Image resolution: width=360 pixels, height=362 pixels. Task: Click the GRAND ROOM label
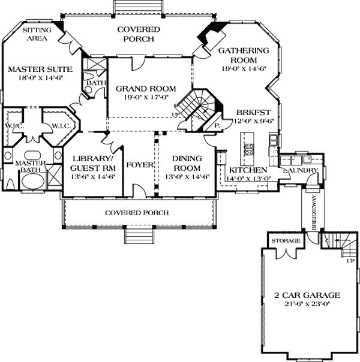[146, 89]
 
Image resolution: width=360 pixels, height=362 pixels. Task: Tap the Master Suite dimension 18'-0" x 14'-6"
[41, 77]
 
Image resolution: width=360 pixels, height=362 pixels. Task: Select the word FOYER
[140, 165]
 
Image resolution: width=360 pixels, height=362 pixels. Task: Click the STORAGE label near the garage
[286, 241]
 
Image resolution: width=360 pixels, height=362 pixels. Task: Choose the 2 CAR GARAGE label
[307, 295]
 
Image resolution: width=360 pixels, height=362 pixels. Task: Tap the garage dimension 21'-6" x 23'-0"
[307, 304]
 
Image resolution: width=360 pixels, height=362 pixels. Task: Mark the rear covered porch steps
[138, 7]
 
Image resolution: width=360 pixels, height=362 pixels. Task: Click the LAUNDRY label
[301, 170]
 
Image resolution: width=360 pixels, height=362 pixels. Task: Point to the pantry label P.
[217, 126]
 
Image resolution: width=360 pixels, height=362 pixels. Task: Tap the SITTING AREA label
[37, 34]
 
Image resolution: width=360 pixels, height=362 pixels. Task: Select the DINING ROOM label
[187, 163]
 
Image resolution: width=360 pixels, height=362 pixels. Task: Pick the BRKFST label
[253, 113]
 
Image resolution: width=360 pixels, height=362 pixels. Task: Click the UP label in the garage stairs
[350, 261]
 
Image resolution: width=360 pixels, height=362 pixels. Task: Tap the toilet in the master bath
[10, 183]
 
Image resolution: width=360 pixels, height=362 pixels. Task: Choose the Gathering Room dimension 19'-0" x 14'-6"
[244, 68]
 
